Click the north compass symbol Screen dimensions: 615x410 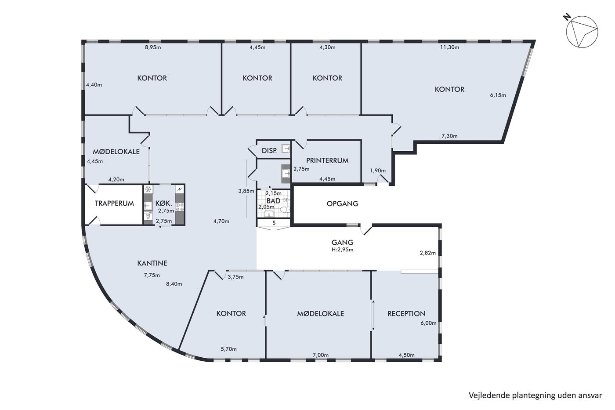click(582, 31)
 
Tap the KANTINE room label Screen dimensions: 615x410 click(152, 263)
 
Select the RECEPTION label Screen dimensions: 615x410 click(406, 314)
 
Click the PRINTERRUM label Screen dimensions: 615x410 click(327, 160)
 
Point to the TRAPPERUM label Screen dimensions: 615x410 click(114, 203)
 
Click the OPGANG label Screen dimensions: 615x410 click(342, 203)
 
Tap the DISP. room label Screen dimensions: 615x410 click(269, 150)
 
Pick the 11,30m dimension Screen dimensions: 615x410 click(450, 47)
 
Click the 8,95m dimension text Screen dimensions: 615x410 click(153, 47)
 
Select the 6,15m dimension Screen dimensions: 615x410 click(498, 95)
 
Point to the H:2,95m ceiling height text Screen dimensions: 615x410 click(342, 250)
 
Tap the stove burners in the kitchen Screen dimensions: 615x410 click(180, 207)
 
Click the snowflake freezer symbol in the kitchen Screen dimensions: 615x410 click(148, 189)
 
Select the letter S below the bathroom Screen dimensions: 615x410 click(274, 223)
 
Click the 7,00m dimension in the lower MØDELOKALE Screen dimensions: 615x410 click(320, 355)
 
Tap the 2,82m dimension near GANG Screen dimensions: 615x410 click(428, 253)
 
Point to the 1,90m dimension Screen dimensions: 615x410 click(378, 171)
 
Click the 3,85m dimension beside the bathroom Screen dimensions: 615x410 click(246, 191)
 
